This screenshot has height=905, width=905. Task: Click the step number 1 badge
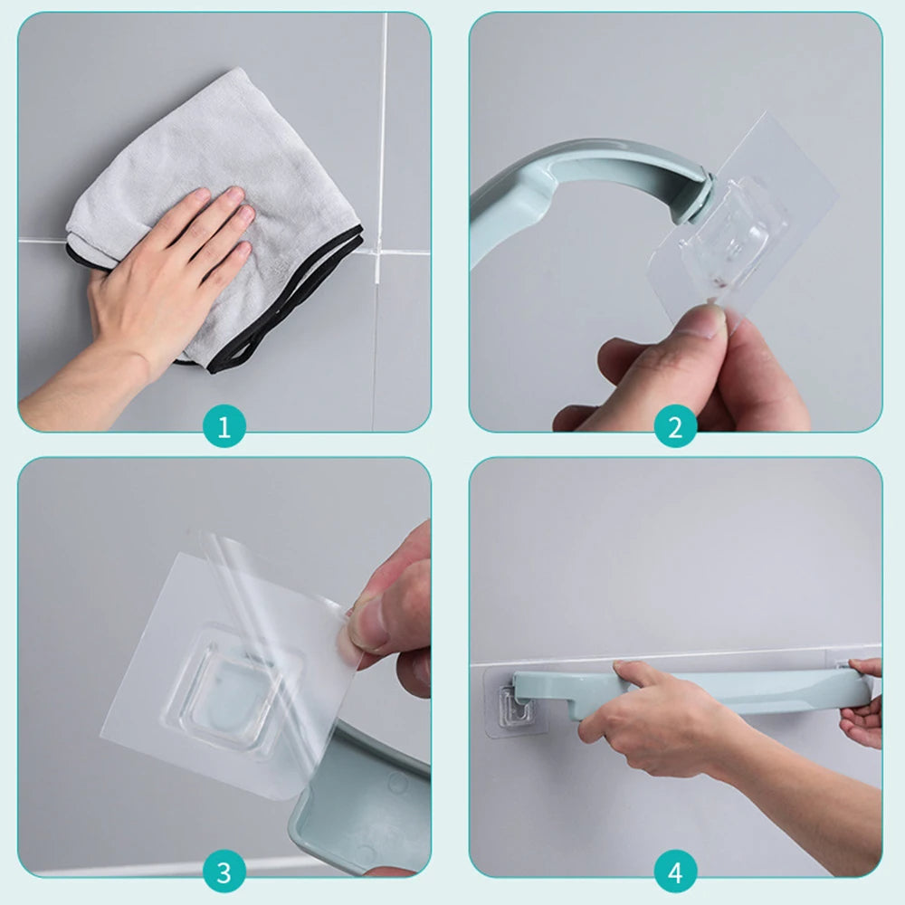224,426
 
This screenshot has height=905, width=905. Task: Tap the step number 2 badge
675,426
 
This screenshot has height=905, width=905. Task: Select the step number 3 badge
224,874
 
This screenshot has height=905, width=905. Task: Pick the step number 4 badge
675,874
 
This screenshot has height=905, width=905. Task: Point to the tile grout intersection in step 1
379,252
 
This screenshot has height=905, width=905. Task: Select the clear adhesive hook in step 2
742,226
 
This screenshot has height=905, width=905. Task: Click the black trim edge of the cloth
290,308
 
